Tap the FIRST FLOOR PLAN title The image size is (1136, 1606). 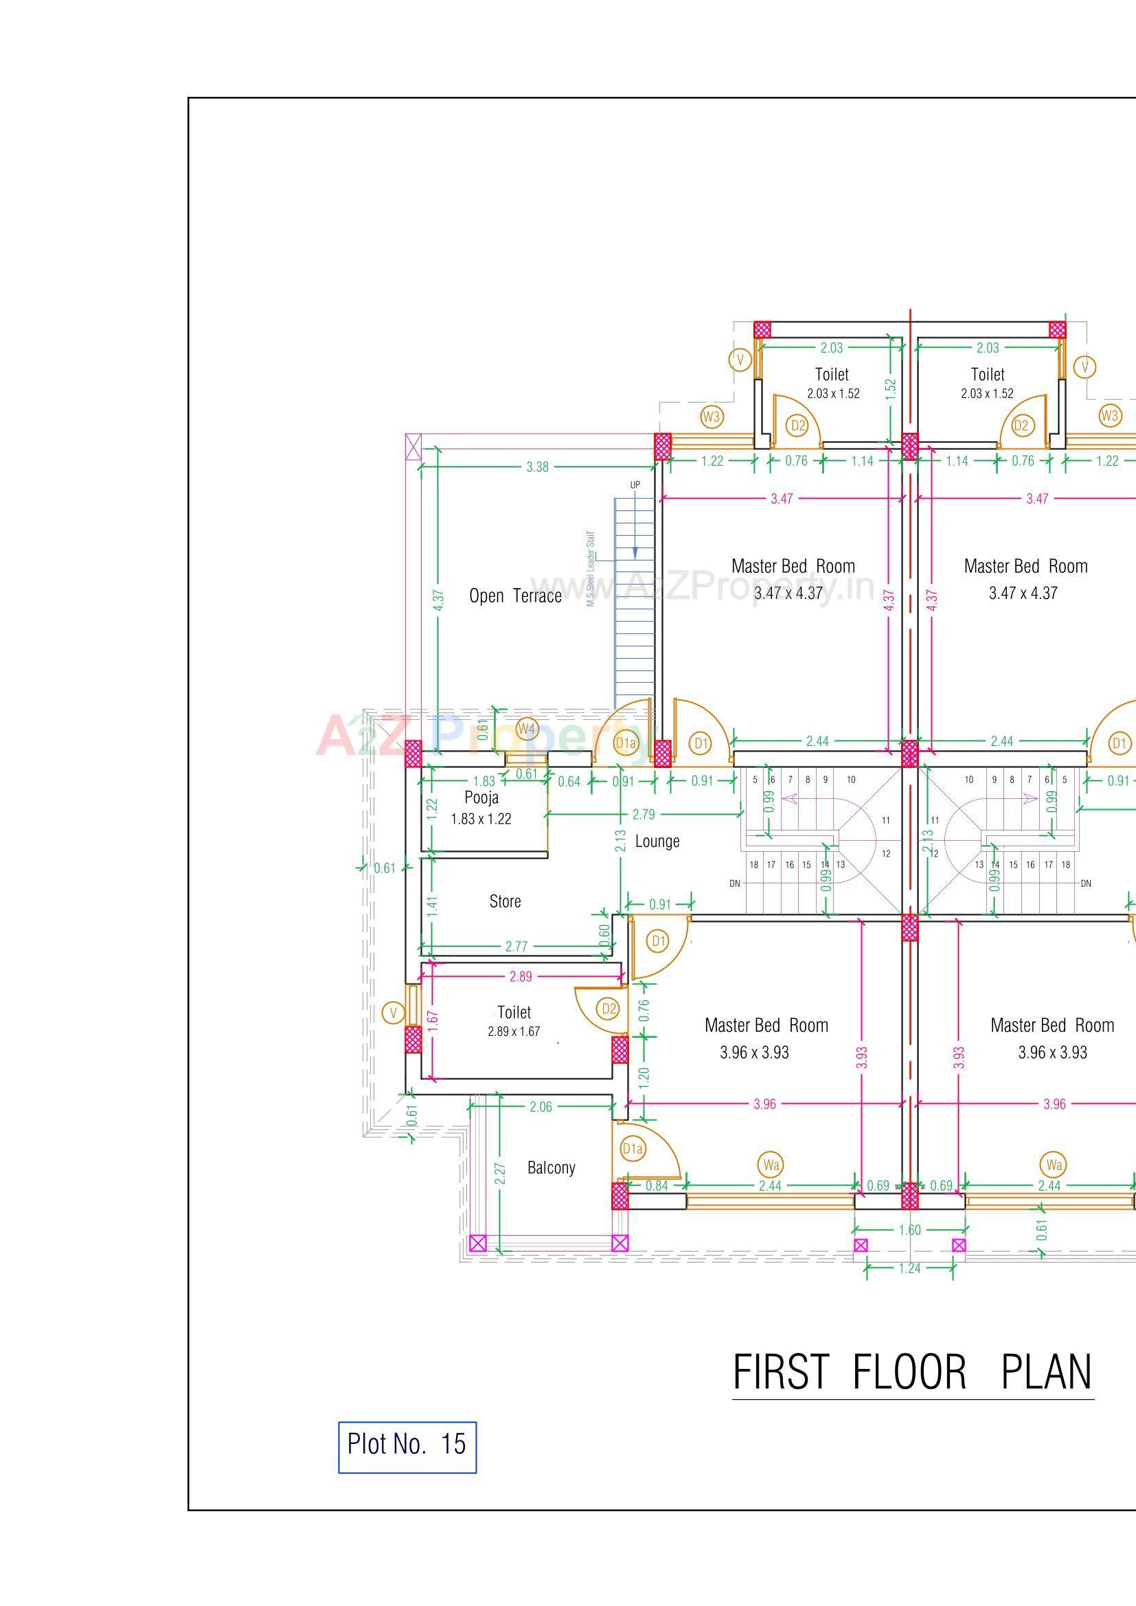[x=912, y=1372]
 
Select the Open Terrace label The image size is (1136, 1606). [x=515, y=596]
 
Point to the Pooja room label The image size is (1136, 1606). [x=481, y=798]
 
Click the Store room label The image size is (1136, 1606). [x=504, y=902]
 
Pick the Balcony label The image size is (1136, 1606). [x=552, y=1168]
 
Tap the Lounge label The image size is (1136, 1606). [x=657, y=841]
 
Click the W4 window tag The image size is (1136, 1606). [x=527, y=730]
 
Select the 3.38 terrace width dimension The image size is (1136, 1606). [x=537, y=467]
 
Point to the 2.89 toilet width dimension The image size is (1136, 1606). [x=521, y=977]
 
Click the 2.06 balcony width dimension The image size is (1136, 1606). [x=541, y=1107]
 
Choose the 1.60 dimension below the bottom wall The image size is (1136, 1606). [x=909, y=1230]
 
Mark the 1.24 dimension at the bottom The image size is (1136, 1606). [x=909, y=1268]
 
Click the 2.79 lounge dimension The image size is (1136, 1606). [x=644, y=814]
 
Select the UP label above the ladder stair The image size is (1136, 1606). [x=635, y=485]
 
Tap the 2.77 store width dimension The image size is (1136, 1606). [x=516, y=947]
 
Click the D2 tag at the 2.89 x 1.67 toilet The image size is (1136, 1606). [x=609, y=1008]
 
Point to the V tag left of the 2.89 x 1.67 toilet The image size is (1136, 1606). [x=393, y=1012]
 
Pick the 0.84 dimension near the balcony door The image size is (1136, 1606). [x=657, y=1186]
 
